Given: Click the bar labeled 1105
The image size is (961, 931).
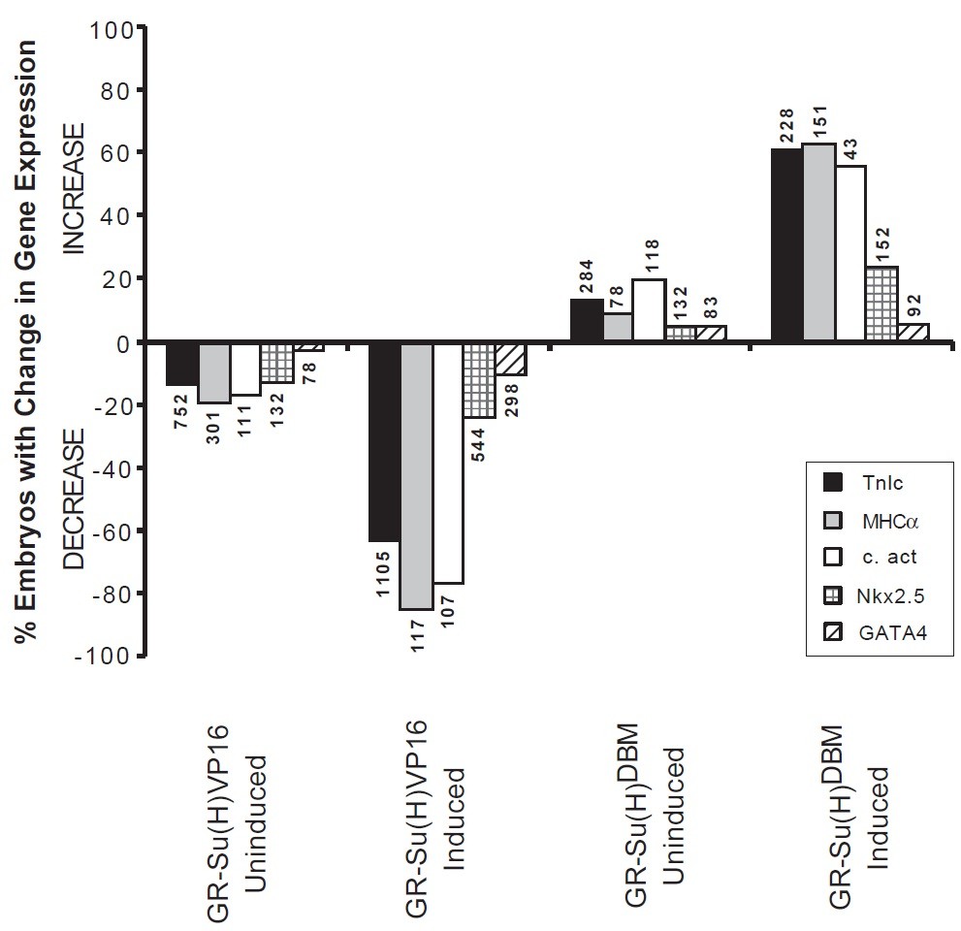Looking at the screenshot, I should coord(384,441).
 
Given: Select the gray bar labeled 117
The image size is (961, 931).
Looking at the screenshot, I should coord(416,475).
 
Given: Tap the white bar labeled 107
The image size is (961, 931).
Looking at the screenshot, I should coord(448,463).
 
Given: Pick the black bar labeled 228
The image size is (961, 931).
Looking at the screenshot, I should coord(786,245).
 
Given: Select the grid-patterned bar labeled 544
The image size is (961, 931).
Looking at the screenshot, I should coord(479,380).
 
